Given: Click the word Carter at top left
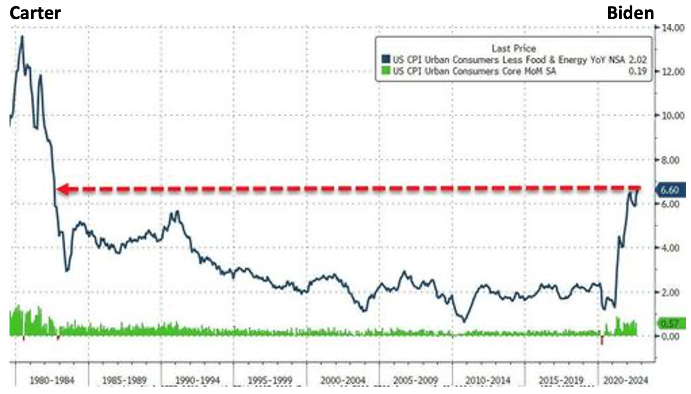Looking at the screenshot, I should [x=35, y=13].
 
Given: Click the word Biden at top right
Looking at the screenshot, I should [x=630, y=13].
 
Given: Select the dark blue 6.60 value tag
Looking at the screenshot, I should [x=670, y=190].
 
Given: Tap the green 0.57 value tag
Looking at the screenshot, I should [x=670, y=323].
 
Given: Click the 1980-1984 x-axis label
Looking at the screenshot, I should [x=52, y=381].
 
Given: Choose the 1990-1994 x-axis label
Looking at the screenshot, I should [x=197, y=381].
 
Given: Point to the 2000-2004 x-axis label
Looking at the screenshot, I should [x=343, y=381].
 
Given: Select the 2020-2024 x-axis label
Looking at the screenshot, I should [x=626, y=381].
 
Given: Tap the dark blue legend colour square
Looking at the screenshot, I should [x=386, y=60].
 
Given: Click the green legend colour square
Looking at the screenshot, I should [x=386, y=71].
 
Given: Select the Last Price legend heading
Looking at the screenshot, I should [x=513, y=48].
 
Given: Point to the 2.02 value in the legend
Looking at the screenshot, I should [x=637, y=60].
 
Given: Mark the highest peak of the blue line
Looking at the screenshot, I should [x=22, y=37].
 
